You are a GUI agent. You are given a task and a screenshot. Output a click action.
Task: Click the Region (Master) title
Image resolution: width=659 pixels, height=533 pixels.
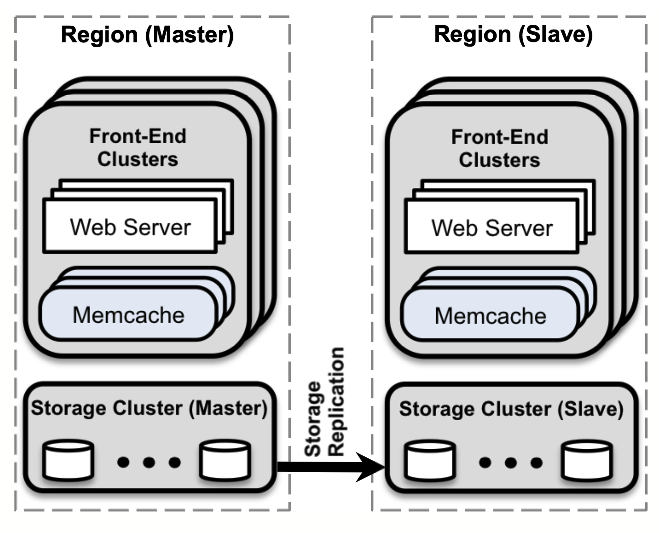pyautogui.click(x=147, y=35)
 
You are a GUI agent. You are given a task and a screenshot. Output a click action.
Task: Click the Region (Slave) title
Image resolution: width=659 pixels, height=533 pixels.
pyautogui.click(x=513, y=34)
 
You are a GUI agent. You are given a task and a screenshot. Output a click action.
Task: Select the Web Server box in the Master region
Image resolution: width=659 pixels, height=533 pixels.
pyautogui.click(x=130, y=227)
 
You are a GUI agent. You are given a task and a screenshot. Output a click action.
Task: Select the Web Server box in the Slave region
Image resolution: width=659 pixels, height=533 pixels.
pyautogui.click(x=491, y=227)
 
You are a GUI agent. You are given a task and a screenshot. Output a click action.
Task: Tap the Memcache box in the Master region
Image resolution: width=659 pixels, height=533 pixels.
pyautogui.click(x=128, y=315)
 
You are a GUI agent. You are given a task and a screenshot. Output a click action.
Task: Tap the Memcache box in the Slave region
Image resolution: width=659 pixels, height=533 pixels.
pyautogui.click(x=490, y=316)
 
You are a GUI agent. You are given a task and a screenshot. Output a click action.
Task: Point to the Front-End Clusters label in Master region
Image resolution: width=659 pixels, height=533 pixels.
pyautogui.click(x=138, y=148)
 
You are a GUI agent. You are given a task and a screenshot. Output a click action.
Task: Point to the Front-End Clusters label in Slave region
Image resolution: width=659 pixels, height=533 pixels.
pyautogui.click(x=499, y=148)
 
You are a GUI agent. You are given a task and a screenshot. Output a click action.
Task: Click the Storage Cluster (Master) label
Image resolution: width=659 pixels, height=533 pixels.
pyautogui.click(x=149, y=408)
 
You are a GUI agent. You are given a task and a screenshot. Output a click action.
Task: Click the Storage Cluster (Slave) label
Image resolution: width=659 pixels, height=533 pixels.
pyautogui.click(x=511, y=409)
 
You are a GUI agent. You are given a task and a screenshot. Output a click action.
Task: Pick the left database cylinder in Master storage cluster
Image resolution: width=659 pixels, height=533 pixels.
pyautogui.click(x=68, y=461)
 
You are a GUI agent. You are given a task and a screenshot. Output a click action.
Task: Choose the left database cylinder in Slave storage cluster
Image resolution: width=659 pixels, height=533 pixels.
pyautogui.click(x=430, y=462)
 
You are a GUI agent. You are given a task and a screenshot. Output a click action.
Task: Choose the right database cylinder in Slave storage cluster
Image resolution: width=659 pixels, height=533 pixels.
pyautogui.click(x=587, y=462)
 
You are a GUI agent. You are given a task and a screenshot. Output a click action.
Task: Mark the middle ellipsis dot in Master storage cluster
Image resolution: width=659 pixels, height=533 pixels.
pyautogui.click(x=149, y=462)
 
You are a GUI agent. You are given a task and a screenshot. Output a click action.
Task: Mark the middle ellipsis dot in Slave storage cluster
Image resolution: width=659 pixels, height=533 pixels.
pyautogui.click(x=510, y=463)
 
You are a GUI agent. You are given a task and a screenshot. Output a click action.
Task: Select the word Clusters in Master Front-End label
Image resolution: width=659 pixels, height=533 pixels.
pyautogui.click(x=138, y=159)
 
